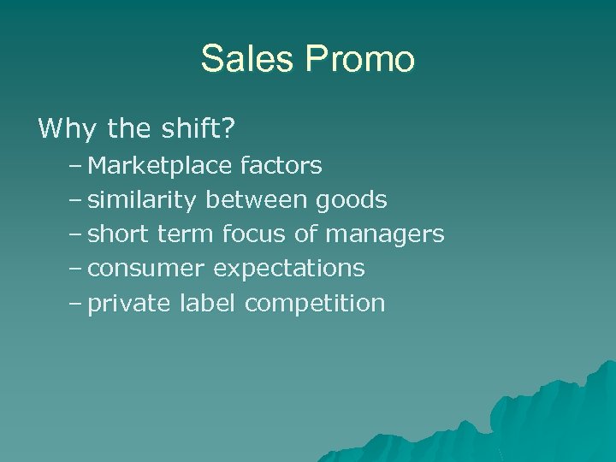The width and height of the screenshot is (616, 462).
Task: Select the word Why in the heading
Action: tap(68, 129)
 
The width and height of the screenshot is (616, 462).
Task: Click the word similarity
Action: tap(142, 199)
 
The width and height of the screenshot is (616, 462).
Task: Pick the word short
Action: tap(120, 234)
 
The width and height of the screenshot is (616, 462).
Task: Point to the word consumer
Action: tap(146, 269)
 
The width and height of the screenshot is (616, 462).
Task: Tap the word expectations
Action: tap(288, 269)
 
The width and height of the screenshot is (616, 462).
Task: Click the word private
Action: tap(130, 304)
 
